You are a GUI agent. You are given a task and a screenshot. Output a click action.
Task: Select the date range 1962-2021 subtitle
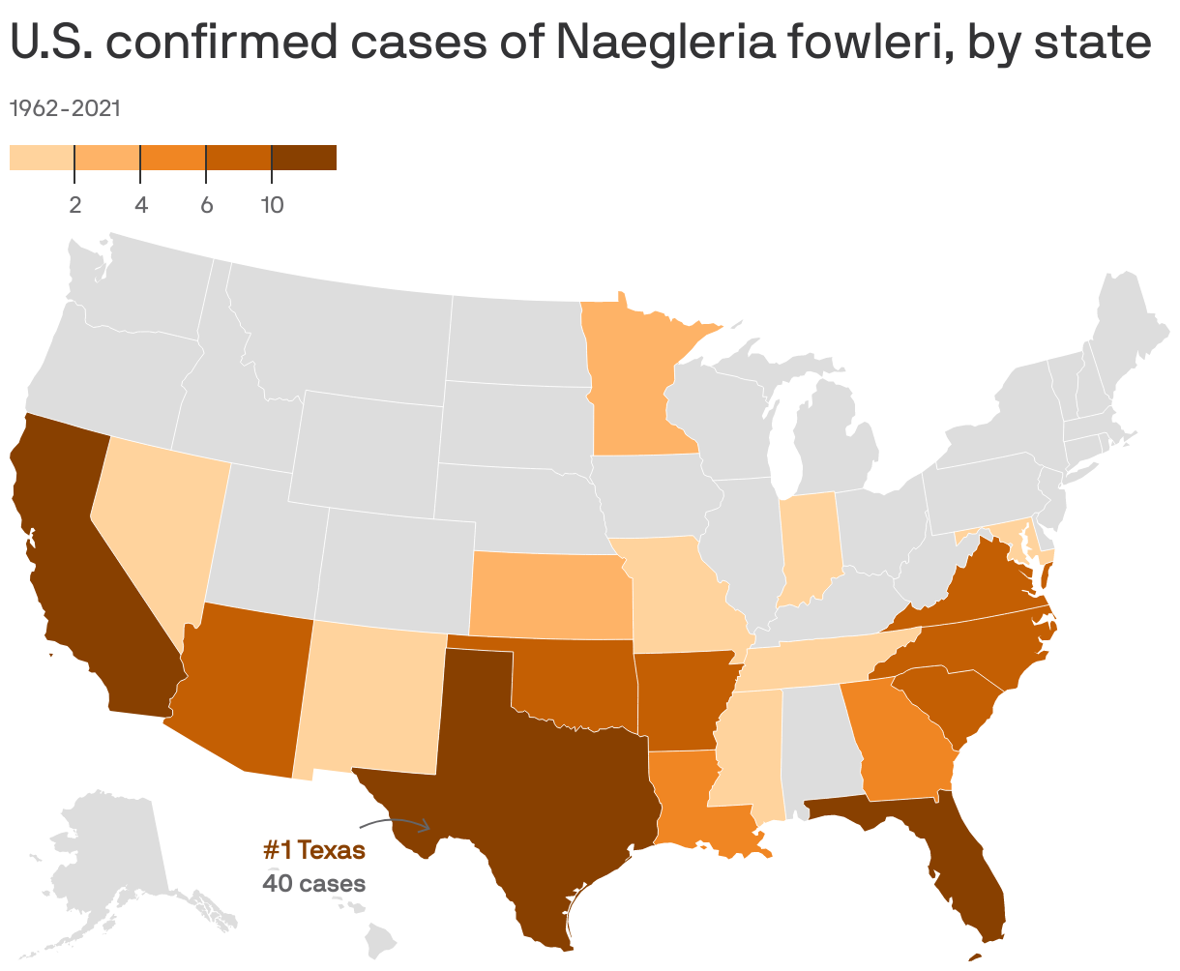(x=65, y=108)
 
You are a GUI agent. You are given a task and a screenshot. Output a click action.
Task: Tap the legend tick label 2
(x=74, y=205)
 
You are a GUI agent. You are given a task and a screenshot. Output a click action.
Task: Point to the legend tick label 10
(x=272, y=205)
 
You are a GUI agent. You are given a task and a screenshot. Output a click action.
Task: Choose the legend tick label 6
(x=206, y=205)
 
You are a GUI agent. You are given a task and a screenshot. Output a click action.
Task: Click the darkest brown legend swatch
(x=304, y=158)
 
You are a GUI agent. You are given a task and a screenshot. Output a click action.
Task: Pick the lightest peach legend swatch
(x=42, y=158)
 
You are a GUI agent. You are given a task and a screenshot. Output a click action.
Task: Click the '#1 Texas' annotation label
(x=314, y=851)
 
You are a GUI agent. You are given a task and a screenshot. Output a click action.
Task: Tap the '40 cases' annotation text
(x=314, y=883)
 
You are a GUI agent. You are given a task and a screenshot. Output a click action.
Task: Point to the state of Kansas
(x=546, y=596)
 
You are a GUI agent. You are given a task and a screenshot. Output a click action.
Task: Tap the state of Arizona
(x=242, y=687)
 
